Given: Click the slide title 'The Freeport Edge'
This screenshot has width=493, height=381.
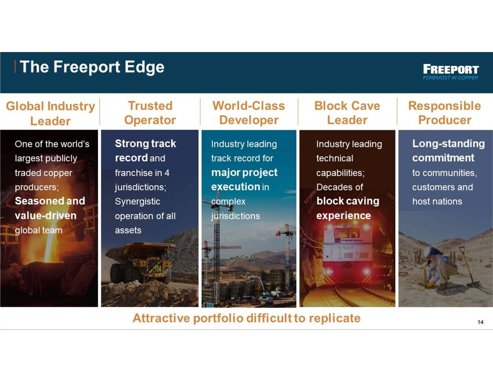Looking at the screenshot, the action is [x=92, y=67].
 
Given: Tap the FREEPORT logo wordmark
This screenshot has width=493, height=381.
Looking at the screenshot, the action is [x=451, y=69].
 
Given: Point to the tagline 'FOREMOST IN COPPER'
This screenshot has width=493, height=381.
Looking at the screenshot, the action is [x=450, y=78].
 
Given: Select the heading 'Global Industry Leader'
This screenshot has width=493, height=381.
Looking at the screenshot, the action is [x=50, y=113].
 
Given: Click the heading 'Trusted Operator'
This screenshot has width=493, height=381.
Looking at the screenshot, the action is [x=150, y=113].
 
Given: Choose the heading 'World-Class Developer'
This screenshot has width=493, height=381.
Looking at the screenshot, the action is [x=248, y=113].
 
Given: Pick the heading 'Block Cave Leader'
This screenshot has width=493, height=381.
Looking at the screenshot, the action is [x=347, y=113].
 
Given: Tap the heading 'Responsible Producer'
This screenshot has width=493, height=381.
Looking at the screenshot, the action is [x=445, y=113].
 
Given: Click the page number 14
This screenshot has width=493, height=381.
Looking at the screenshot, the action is [x=480, y=322].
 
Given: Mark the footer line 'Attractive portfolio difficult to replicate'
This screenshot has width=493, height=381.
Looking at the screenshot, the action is [x=247, y=318].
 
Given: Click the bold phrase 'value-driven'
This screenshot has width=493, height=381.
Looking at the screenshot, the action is [x=46, y=216].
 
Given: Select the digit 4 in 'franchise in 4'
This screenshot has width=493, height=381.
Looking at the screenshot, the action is [x=167, y=173].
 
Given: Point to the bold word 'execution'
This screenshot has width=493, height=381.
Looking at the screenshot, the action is [x=235, y=187].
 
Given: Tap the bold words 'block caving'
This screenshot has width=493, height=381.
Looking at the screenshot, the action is [x=348, y=201].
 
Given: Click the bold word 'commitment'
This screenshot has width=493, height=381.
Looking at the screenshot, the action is [x=443, y=158].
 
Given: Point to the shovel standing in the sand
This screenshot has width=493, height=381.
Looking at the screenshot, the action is [x=470, y=268].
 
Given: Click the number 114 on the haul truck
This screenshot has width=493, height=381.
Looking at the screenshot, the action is [x=158, y=269].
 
